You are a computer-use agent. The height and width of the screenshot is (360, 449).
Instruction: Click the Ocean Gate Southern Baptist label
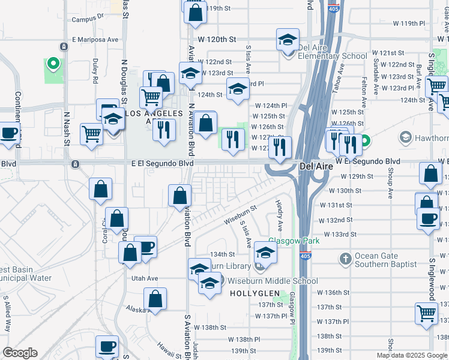tap(385, 260)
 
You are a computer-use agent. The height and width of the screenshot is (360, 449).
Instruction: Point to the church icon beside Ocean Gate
tap(345, 259)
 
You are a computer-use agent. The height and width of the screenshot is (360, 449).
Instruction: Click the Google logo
tap(20, 353)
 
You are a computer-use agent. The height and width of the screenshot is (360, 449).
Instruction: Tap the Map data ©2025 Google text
tap(412, 355)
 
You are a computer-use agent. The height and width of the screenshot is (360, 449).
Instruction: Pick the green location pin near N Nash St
tap(52, 63)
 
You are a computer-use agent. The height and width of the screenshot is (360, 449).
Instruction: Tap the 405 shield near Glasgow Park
tap(307, 256)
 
